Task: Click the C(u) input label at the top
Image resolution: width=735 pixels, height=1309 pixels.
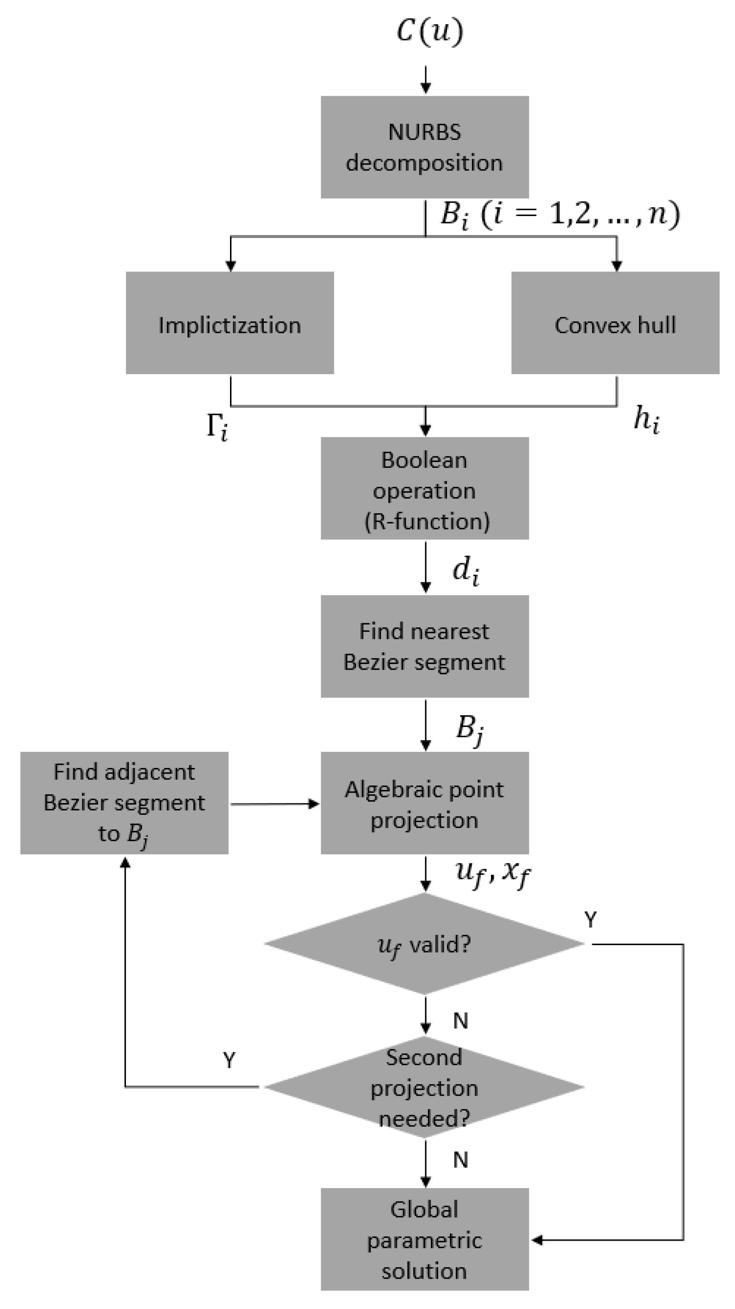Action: coord(429,32)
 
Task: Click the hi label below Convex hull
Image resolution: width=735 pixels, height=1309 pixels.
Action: coord(646,421)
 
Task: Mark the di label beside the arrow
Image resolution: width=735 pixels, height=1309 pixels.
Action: coord(466,571)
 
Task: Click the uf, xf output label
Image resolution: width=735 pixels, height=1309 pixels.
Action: coord(492,873)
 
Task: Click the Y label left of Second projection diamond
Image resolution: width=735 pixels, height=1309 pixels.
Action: coord(229,1061)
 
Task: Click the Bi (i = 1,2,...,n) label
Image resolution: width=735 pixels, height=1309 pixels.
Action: coord(560,214)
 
